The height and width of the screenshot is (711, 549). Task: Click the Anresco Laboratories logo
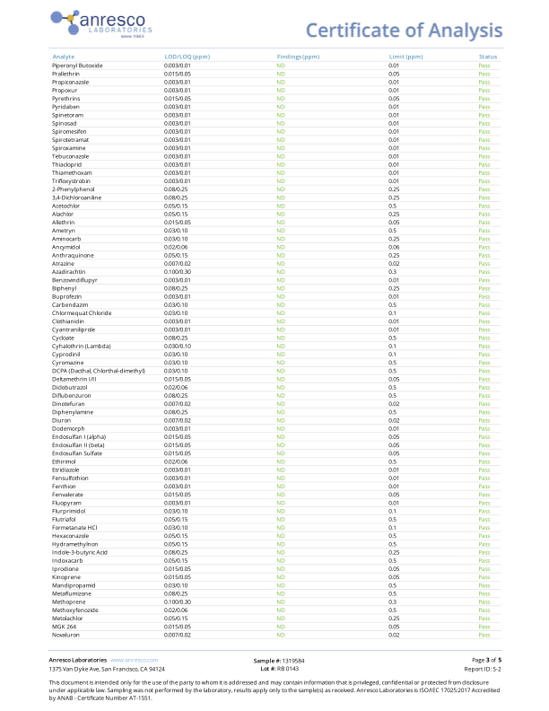(x=101, y=22)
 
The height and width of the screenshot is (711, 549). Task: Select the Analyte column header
(x=64, y=57)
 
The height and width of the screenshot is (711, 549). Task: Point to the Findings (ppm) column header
(x=298, y=57)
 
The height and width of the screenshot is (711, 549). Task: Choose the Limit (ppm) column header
(x=405, y=57)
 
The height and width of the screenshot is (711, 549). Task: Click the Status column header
(x=488, y=57)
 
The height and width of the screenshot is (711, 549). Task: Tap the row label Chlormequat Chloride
(x=82, y=312)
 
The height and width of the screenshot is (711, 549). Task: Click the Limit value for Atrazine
(x=393, y=263)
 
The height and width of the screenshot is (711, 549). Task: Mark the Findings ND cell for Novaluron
(x=281, y=635)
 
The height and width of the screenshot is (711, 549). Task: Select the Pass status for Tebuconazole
(x=484, y=156)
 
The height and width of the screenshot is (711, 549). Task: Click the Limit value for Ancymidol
(x=393, y=247)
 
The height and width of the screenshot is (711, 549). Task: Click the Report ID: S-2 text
(x=483, y=669)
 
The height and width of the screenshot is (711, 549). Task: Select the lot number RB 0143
(x=279, y=669)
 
